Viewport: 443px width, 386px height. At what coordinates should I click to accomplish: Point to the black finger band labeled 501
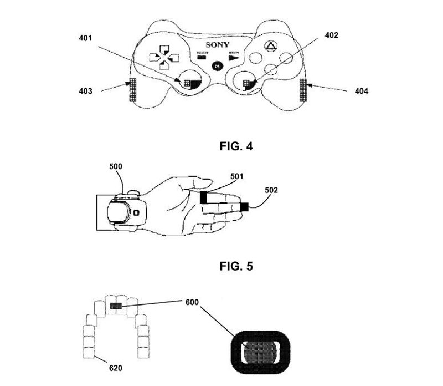(x=204, y=196)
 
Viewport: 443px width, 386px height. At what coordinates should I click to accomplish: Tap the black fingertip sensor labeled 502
(x=244, y=207)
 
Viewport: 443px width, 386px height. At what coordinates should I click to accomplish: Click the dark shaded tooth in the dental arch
(x=116, y=306)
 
